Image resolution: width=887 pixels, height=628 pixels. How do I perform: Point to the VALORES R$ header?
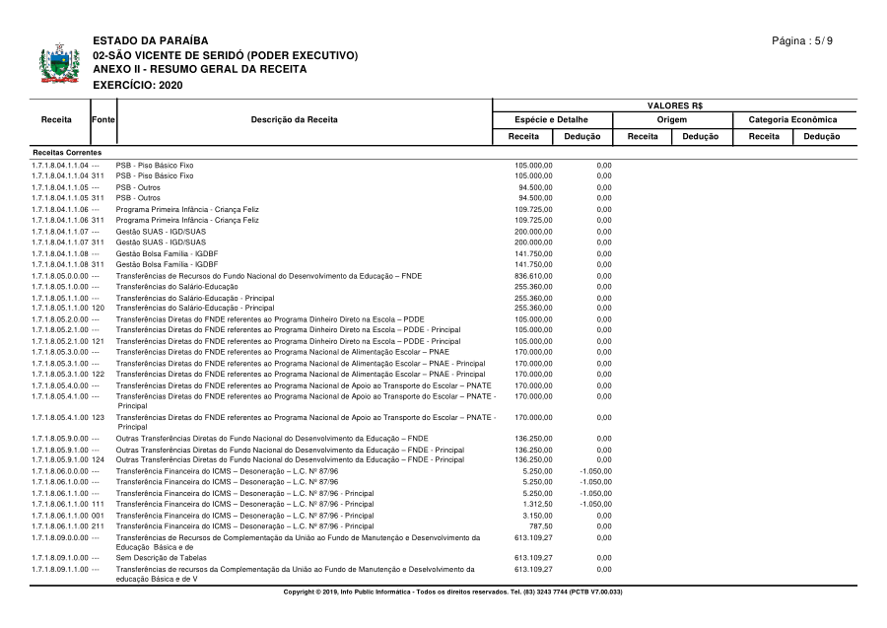[674, 105]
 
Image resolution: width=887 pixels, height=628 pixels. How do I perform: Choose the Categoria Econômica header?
[792, 119]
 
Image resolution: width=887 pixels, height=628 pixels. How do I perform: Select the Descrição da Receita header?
[294, 119]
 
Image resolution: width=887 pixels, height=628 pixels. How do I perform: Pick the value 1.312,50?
[536, 504]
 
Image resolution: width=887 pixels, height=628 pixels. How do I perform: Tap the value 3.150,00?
[536, 515]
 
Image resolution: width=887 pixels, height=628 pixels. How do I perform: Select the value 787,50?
[539, 526]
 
